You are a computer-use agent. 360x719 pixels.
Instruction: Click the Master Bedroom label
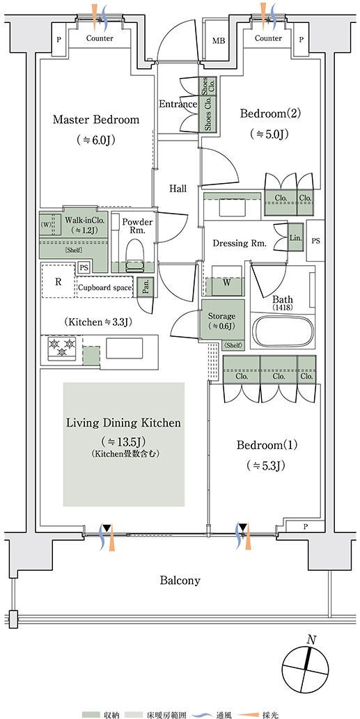pos(96,120)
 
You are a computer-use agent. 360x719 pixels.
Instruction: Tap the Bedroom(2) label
pos(271,113)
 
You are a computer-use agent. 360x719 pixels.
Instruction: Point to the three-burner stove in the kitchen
pos(61,347)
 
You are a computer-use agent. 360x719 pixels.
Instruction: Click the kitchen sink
pos(125,347)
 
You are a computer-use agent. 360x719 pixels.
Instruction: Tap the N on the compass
pos(311,640)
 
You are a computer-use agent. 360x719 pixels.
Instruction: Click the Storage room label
pos(221,316)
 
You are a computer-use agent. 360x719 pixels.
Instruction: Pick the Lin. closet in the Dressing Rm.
pos(295,237)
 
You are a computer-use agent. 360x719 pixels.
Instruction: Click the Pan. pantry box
pos(145,287)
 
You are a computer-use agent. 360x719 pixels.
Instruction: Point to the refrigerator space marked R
pos(58,282)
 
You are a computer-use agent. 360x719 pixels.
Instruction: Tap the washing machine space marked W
pos(226,283)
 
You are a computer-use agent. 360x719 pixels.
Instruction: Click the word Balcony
pos(180,580)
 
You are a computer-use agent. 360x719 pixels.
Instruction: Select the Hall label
pos(178,188)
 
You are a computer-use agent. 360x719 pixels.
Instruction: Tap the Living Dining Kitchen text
pos(124,422)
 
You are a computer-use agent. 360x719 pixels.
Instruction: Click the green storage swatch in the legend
pos(91,714)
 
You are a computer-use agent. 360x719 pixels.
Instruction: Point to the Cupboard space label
pos(105,288)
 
